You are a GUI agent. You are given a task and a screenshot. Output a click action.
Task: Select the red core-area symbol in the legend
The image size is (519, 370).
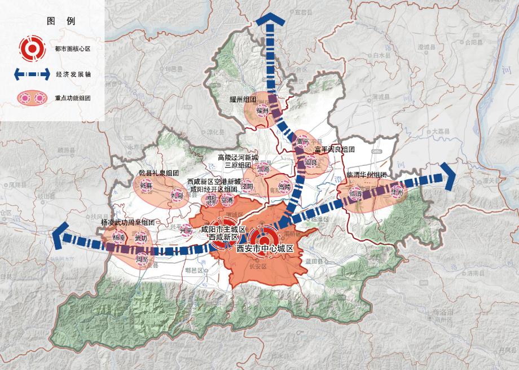click(29, 49)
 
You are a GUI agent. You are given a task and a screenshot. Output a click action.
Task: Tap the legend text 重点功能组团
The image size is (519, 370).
click(73, 98)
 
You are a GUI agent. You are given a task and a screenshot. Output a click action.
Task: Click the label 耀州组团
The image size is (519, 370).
click(243, 99)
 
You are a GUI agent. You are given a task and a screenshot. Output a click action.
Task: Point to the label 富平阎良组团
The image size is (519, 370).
click(335, 149)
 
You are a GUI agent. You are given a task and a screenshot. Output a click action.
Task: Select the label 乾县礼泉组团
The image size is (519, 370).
click(159, 173)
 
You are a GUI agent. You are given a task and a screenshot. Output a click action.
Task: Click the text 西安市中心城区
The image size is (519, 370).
click(265, 248)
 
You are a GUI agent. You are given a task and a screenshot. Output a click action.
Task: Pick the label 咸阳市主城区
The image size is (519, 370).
click(223, 230)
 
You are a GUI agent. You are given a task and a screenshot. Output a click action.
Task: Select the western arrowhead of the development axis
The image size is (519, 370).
click(60, 236)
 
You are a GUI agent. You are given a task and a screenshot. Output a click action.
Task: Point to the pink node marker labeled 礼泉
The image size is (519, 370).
click(176, 195)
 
